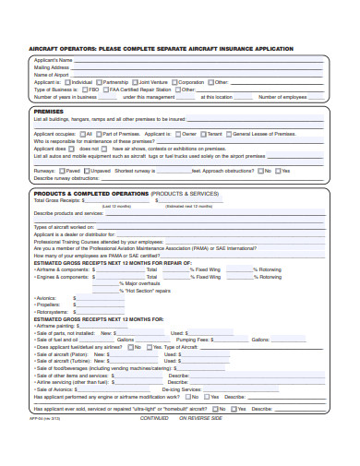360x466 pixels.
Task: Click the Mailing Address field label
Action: coord(52,66)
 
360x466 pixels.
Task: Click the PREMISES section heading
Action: coord(48,111)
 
